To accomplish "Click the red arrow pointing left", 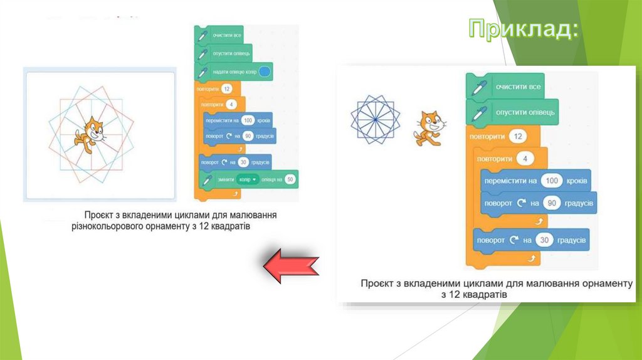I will tap(291, 267).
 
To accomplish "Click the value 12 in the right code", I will tap(518, 136).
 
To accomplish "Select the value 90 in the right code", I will tap(552, 203).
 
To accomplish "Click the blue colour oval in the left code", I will tap(265, 72).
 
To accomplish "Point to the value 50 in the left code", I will tap(290, 180).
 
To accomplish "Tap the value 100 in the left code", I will tap(249, 120).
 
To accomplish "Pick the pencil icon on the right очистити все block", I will tap(480, 86).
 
